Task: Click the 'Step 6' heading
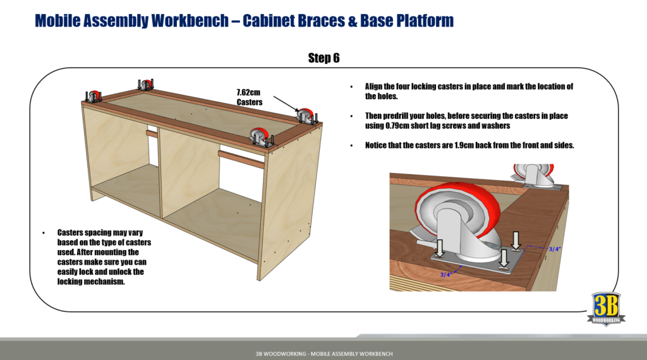[323, 58]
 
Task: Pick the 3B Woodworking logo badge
[606, 309]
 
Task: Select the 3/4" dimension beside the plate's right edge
[554, 249]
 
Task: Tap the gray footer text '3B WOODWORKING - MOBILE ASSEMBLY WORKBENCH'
[323, 351]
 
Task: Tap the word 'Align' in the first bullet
[375, 87]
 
